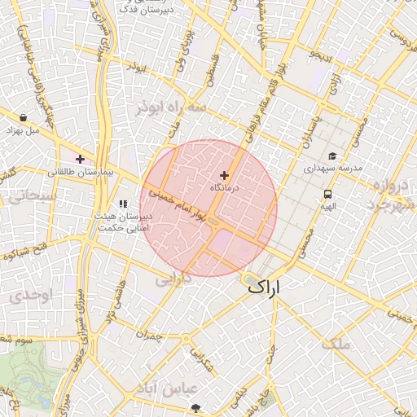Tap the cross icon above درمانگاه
pos(225,175)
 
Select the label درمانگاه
pos(225,188)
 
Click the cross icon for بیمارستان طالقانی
pos(80,158)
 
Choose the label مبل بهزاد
pos(22,130)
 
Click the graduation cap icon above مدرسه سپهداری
pos(331,156)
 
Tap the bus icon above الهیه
pos(327,195)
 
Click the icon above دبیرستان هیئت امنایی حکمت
pos(124,204)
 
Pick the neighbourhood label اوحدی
pos(33,294)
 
